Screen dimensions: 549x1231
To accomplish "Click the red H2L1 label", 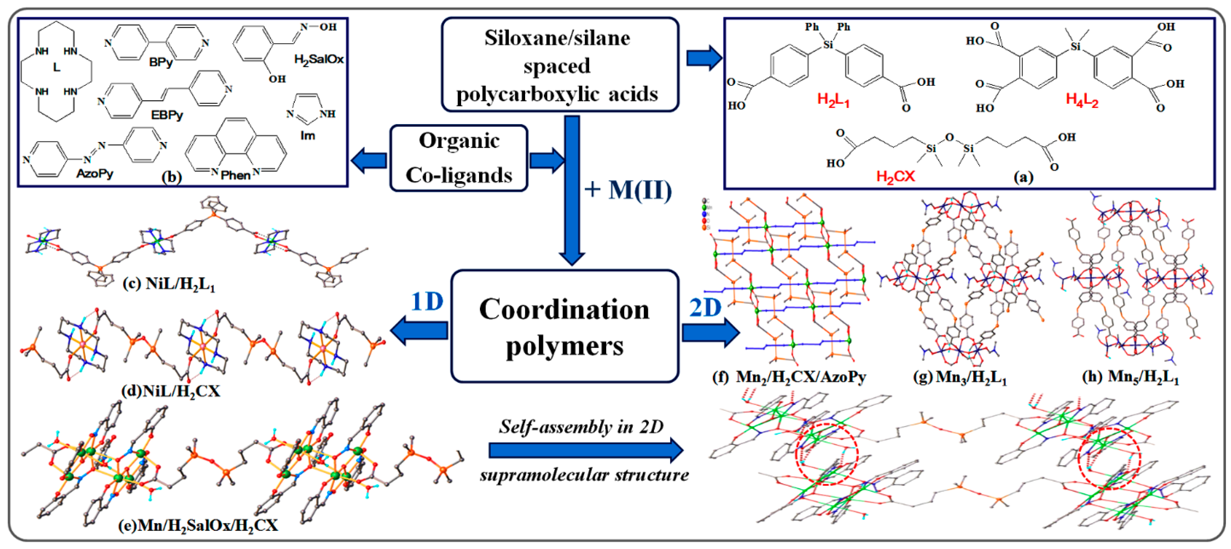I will [x=833, y=100].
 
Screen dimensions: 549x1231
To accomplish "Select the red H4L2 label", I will [x=1082, y=100].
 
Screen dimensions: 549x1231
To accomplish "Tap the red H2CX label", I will [x=895, y=177].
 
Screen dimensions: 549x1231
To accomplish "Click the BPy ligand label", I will [x=161, y=62].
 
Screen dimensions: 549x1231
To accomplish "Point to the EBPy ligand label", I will [x=167, y=115].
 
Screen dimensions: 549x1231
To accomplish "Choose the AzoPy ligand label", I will [x=95, y=173].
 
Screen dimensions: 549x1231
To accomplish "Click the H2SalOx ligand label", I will [x=319, y=59].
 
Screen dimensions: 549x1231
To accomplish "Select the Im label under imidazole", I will [x=308, y=135].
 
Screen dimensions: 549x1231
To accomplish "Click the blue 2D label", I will [x=705, y=308].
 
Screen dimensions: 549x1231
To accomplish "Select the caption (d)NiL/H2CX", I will [x=171, y=391].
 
